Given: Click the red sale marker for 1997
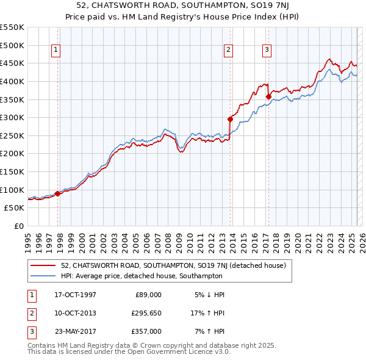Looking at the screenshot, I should pyautogui.click(x=58, y=193).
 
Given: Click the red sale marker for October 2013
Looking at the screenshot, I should pyautogui.click(x=231, y=119).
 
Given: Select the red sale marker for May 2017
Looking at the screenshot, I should pyautogui.click(x=268, y=96).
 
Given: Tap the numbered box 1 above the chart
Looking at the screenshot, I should pyautogui.click(x=56, y=50).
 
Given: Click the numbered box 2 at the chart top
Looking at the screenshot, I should pyautogui.click(x=229, y=50).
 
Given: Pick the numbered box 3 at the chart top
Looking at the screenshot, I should pyautogui.click(x=267, y=50).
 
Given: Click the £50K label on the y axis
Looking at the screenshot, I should pyautogui.click(x=15, y=207).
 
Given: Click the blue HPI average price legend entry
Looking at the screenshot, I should pyautogui.click(x=142, y=276).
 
